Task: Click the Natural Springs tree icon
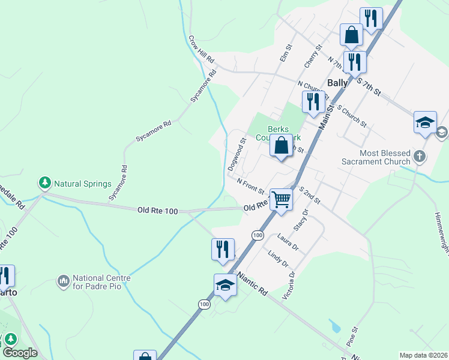(x=44, y=182)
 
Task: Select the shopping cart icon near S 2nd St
(x=281, y=199)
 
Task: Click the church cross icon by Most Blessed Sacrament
(x=420, y=157)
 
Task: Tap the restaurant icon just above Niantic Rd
(x=223, y=249)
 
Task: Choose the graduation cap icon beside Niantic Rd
(x=225, y=285)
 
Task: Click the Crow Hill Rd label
(x=201, y=50)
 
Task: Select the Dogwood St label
(x=238, y=155)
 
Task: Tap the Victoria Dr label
(x=292, y=282)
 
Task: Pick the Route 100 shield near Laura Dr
(x=258, y=235)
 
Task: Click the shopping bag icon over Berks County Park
(x=281, y=145)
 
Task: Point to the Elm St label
(x=286, y=54)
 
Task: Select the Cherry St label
(x=313, y=56)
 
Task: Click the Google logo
(x=19, y=353)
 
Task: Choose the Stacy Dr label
(x=301, y=220)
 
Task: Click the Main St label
(x=326, y=116)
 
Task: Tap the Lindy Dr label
(x=279, y=259)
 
